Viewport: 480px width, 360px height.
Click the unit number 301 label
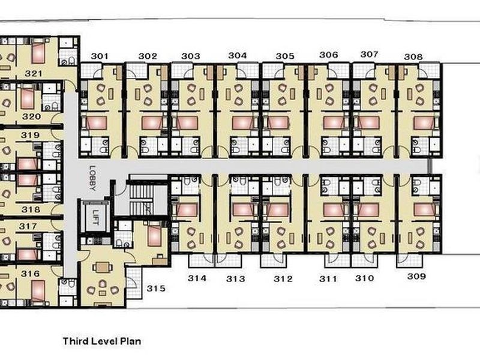[100, 56]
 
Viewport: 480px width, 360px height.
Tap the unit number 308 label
[413, 56]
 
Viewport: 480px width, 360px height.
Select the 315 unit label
[156, 289]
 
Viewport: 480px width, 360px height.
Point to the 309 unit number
[416, 277]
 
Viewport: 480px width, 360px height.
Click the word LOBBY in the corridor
[92, 178]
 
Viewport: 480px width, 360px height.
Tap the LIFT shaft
[95, 216]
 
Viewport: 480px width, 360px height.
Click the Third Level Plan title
[102, 341]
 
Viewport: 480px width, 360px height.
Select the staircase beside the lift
[141, 197]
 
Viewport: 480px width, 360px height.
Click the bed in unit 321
[38, 51]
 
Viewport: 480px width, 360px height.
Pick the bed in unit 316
[38, 291]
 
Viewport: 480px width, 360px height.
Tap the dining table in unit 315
[102, 268]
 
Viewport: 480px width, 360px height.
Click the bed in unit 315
[154, 235]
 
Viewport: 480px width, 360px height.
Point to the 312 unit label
[283, 279]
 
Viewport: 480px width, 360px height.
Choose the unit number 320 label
[31, 116]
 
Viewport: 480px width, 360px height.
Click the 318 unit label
[31, 209]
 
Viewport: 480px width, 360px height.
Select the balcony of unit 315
[133, 283]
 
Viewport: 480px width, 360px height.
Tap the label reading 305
[284, 56]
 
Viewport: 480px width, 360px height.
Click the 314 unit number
[197, 278]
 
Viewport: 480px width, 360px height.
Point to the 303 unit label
[190, 56]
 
